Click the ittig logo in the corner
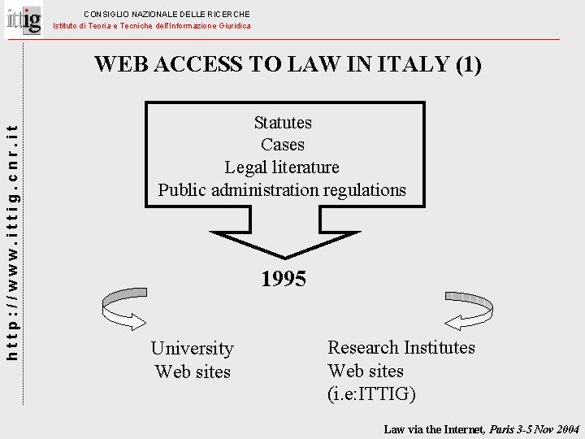pos(24,18)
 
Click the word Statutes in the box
pos(283,123)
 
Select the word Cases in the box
pos(283,145)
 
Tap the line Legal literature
pos(282,167)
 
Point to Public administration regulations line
pos(282,190)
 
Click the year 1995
pos(284,280)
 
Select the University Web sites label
pos(193,360)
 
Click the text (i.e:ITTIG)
pos(371,394)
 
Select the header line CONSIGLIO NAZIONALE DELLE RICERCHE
pos(167,14)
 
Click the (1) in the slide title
pos(469,64)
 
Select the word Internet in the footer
pos(459,428)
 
